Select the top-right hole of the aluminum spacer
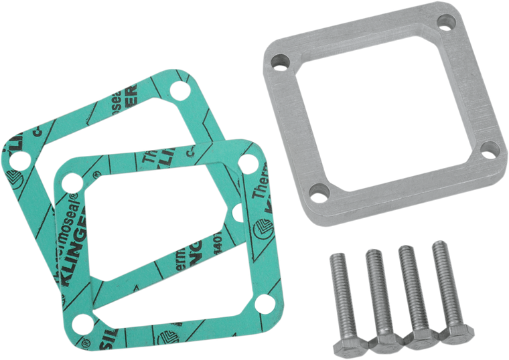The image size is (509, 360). [443, 24]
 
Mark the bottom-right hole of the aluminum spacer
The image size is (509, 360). [490, 147]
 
